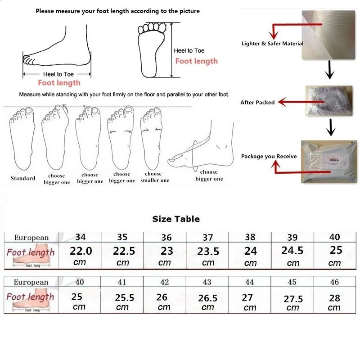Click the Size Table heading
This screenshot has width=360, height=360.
[x=176, y=219]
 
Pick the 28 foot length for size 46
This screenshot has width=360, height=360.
[x=334, y=297]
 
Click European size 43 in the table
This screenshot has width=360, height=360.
[x=207, y=282]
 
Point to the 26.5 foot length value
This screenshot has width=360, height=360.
[x=208, y=298]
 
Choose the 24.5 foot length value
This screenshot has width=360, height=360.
[x=292, y=251]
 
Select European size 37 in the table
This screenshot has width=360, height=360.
[x=207, y=237]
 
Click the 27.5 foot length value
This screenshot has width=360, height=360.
[x=293, y=299]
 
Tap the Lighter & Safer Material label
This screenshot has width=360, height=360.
[x=272, y=44]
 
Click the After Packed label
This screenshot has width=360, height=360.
[x=257, y=103]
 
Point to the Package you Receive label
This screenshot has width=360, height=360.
[x=269, y=157]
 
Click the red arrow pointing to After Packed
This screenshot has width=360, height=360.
[x=292, y=103]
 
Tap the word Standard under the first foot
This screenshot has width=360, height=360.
[x=23, y=178]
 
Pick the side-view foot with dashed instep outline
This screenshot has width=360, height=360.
[x=205, y=144]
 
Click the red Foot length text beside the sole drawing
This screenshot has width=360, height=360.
[x=196, y=61]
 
